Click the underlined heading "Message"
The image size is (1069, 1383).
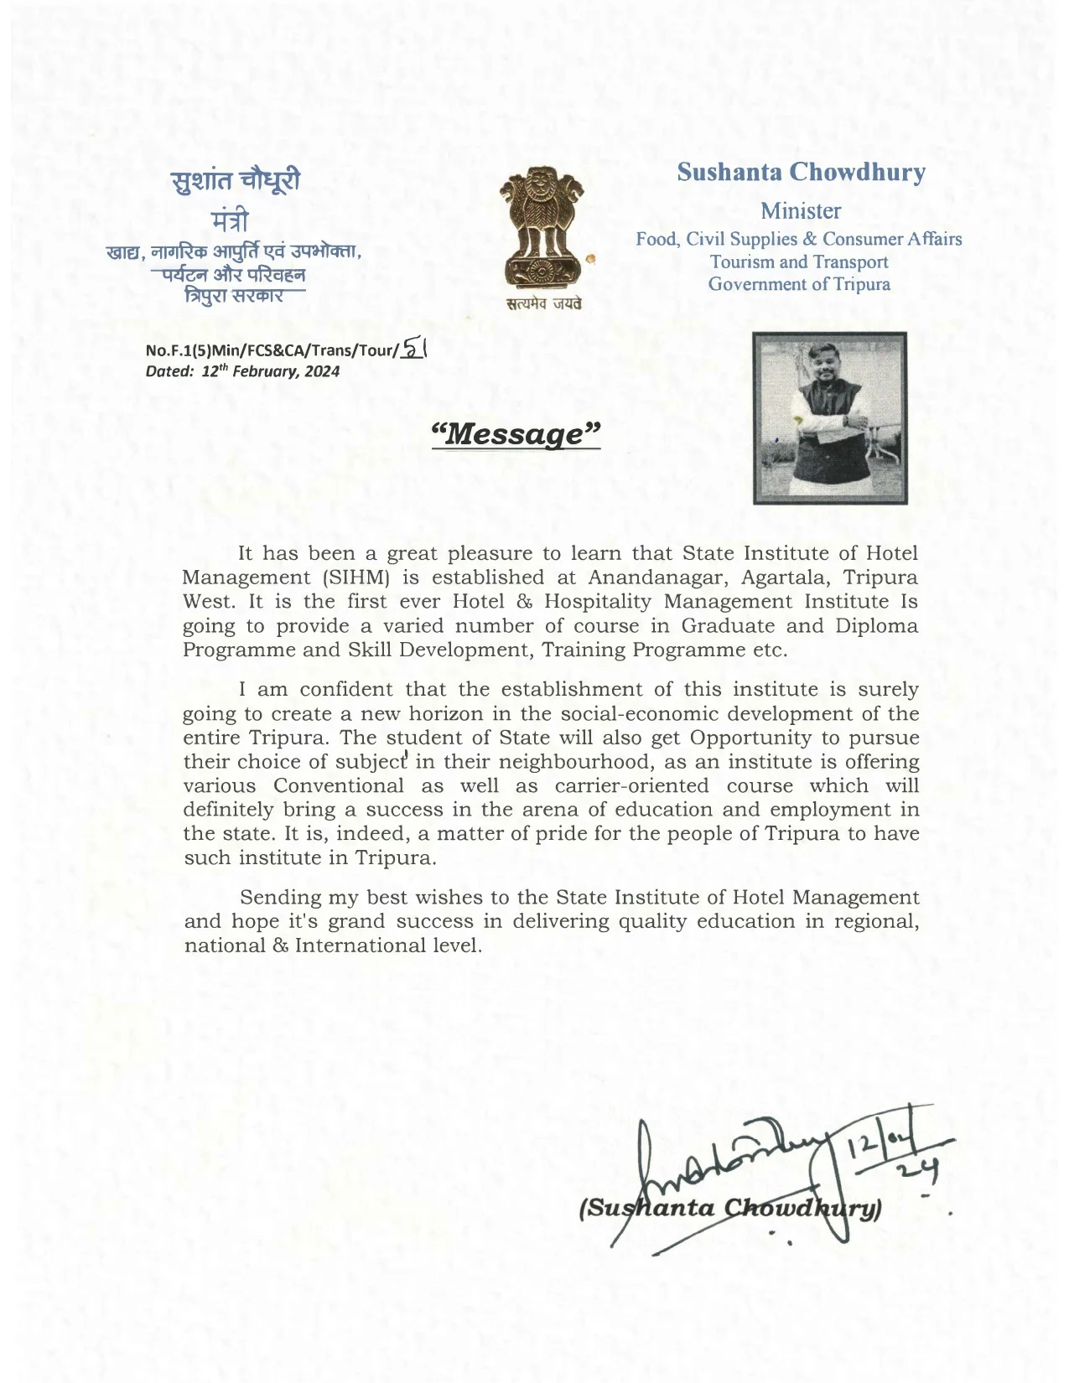coord(516,434)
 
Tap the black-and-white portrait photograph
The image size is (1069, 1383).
coord(829,417)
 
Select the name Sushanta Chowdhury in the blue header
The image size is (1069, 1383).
coord(801,173)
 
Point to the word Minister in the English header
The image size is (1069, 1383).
coord(801,210)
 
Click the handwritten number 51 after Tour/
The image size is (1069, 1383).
coord(414,347)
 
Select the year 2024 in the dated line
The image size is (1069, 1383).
coord(322,371)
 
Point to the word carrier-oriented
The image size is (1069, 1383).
coord(631,786)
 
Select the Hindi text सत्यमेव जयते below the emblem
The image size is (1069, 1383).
coord(542,307)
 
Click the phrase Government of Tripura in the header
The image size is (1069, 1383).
coord(799,284)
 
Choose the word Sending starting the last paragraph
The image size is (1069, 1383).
coord(279,898)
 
